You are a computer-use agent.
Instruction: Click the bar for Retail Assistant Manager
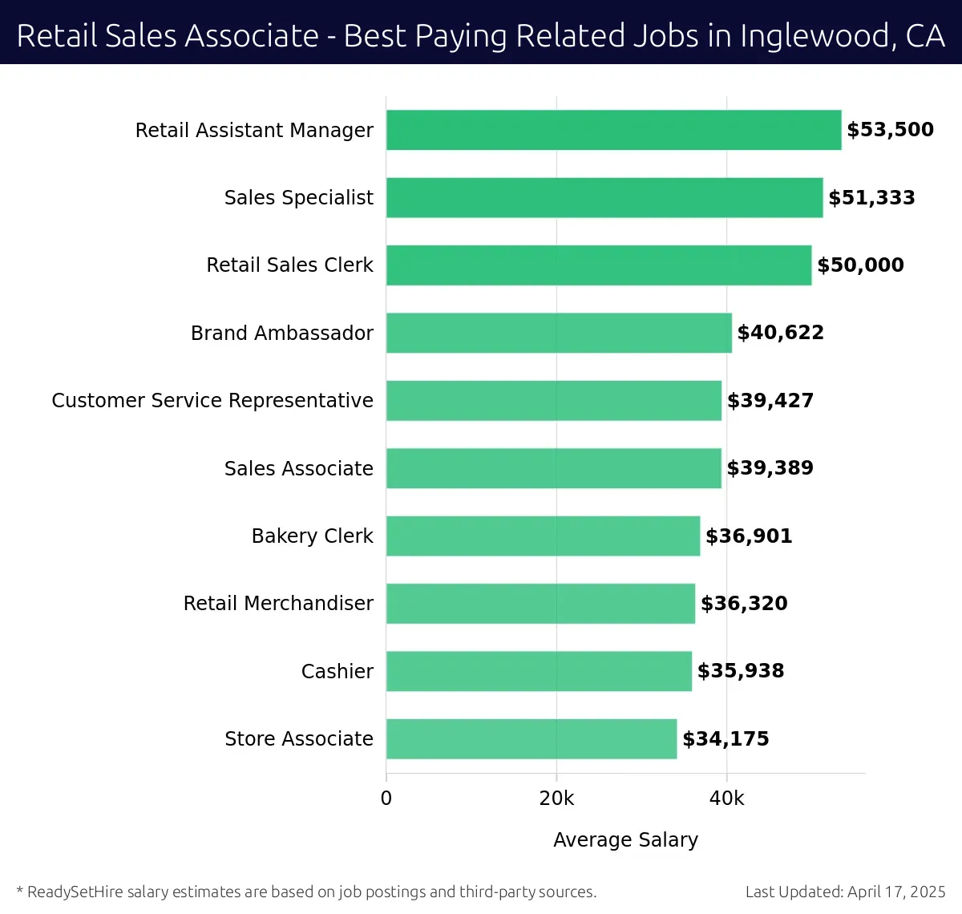click(613, 130)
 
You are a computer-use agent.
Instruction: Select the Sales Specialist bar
click(604, 197)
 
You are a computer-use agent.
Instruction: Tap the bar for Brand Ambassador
click(559, 333)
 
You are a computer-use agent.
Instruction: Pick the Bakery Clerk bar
click(543, 536)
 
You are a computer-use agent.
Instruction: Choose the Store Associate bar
click(532, 738)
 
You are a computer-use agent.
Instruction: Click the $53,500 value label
click(890, 130)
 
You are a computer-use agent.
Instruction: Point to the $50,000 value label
click(860, 265)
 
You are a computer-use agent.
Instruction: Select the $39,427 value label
click(770, 400)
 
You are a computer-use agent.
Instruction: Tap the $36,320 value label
click(744, 603)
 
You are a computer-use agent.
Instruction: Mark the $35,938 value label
click(741, 671)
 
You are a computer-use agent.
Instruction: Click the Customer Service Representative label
click(212, 400)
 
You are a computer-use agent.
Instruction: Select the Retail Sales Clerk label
click(289, 265)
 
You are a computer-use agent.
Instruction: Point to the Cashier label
click(337, 671)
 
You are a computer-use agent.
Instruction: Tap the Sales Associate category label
click(298, 468)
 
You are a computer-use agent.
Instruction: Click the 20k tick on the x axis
click(556, 799)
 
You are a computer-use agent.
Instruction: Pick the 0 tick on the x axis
click(386, 799)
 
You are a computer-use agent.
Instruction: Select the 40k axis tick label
click(727, 799)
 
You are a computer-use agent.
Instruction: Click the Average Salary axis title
click(625, 839)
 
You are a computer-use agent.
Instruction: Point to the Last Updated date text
click(845, 892)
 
